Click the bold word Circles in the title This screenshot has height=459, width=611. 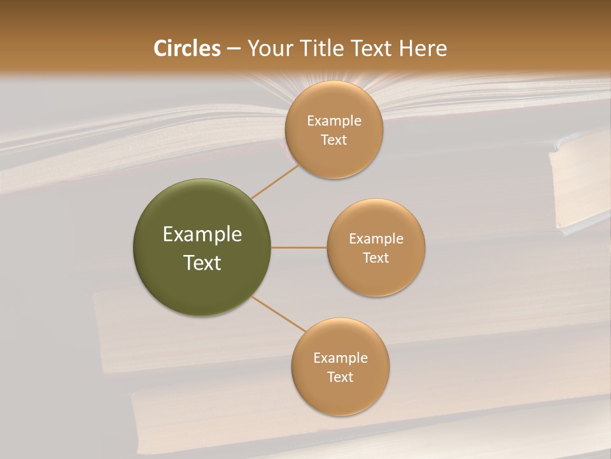click(187, 48)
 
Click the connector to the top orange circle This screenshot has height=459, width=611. click(275, 180)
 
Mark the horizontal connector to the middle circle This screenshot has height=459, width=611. click(299, 247)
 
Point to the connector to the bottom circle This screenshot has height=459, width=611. click(278, 314)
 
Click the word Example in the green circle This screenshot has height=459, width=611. click(202, 235)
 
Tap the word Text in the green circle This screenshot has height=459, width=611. click(202, 263)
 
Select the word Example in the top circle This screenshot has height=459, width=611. click(334, 121)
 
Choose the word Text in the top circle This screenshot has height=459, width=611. click(334, 140)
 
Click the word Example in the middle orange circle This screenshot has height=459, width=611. click(376, 239)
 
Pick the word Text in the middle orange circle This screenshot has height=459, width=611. click(376, 258)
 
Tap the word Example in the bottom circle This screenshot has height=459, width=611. click(341, 358)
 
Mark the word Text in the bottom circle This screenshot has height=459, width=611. click(341, 377)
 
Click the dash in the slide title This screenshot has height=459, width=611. click(234, 48)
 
